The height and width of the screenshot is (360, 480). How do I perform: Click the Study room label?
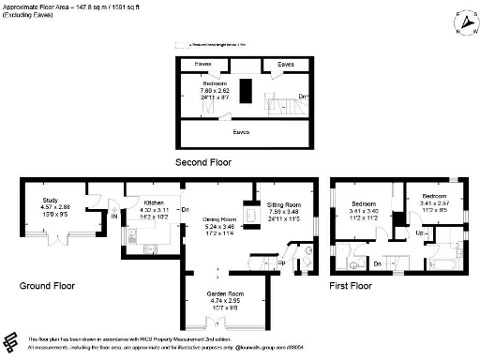pyautogui.click(x=50, y=202)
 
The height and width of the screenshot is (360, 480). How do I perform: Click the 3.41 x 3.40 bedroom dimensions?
pyautogui.click(x=363, y=210)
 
